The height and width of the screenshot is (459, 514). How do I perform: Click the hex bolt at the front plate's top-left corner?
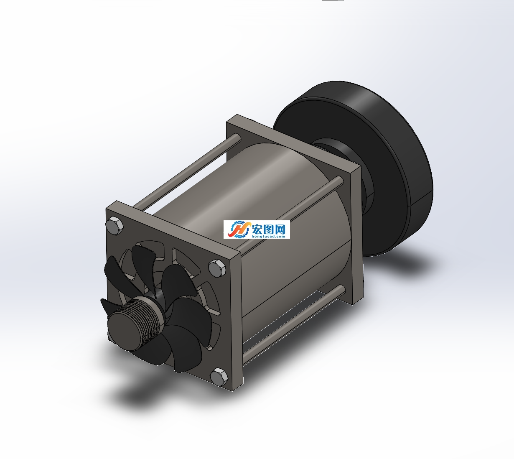pos(115,225)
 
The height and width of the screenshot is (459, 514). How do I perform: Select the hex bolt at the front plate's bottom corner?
pos(219,377)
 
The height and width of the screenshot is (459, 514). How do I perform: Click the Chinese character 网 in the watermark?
pos(280,229)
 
